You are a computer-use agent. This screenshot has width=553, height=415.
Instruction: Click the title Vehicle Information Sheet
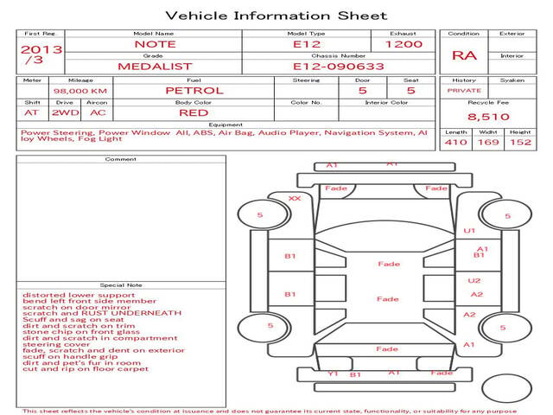click(x=276, y=16)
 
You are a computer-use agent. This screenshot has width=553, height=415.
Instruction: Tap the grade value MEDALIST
click(x=154, y=65)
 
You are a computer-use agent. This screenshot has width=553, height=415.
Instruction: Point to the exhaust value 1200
click(x=404, y=43)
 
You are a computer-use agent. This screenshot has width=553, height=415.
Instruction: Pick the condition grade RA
click(x=464, y=56)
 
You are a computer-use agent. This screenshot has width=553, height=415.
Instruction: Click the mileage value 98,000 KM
click(x=79, y=90)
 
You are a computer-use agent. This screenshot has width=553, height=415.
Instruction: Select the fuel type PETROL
click(x=194, y=90)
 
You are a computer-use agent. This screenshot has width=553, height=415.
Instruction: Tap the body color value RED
click(x=194, y=112)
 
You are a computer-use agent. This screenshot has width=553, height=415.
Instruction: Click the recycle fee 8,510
click(x=488, y=116)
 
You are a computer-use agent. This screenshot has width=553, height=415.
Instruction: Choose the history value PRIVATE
click(x=464, y=90)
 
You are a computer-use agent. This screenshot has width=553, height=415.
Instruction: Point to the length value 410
click(x=455, y=142)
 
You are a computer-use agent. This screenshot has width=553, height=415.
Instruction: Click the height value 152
click(x=520, y=142)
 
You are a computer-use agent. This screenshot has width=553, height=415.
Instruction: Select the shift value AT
click(x=32, y=112)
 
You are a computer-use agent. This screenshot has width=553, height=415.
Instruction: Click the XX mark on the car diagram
click(x=295, y=198)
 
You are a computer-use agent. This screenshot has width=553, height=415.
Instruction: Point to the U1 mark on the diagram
click(x=470, y=231)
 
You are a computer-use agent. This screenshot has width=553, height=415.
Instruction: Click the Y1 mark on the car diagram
click(x=333, y=374)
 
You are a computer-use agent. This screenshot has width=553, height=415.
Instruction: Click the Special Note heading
click(x=121, y=284)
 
